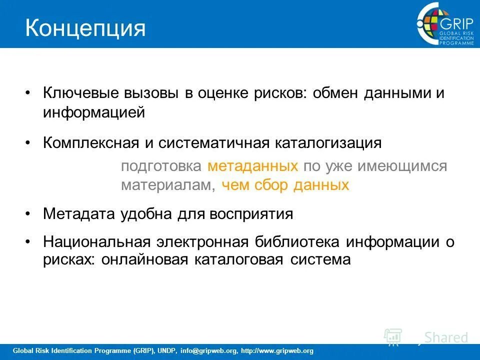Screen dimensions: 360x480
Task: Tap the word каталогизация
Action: pos(327,143)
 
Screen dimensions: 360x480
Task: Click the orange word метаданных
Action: pos(253,166)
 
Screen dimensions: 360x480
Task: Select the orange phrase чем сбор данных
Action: pos(284,185)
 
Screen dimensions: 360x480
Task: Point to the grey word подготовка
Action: pos(161,166)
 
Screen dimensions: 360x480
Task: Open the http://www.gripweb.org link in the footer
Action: pos(277,351)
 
